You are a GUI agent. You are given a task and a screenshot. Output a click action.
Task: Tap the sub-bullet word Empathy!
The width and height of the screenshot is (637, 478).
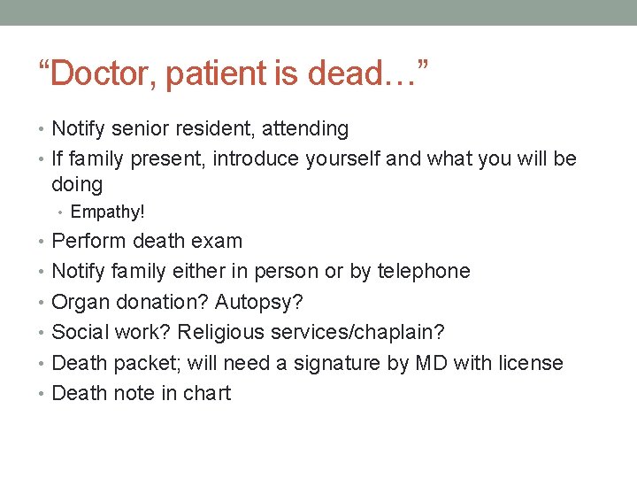click(x=107, y=212)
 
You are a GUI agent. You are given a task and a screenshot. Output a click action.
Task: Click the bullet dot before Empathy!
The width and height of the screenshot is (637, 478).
click(x=62, y=213)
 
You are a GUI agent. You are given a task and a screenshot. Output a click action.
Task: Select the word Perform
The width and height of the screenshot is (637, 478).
click(x=90, y=241)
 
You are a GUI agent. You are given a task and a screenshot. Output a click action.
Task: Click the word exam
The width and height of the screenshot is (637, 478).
click(x=219, y=241)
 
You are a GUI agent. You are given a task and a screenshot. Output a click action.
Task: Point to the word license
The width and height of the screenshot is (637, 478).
click(x=530, y=363)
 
